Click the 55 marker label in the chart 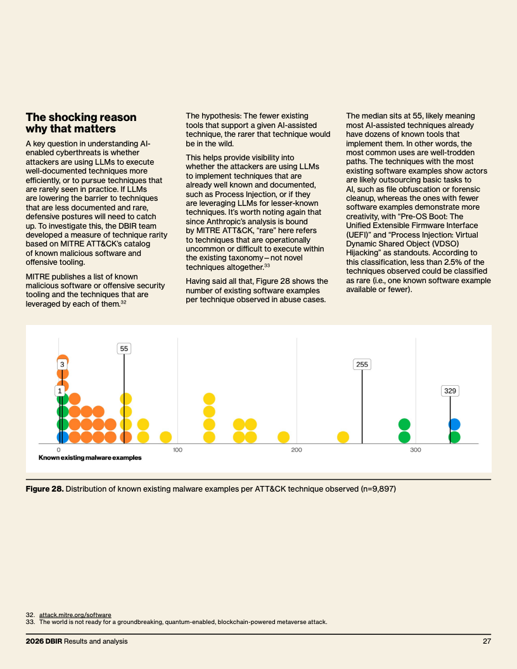[x=124, y=348]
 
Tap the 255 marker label [x=362, y=364]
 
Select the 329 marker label [x=450, y=391]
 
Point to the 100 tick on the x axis [x=178, y=450]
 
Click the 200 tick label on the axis [x=297, y=450]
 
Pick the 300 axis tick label [x=416, y=450]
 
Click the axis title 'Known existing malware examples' [x=90, y=458]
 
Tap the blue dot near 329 [x=454, y=424]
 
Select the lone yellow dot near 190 [x=284, y=437]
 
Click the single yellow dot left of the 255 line [x=343, y=437]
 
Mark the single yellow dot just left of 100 [x=166, y=437]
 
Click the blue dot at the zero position [x=63, y=437]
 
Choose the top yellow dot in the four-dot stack [x=209, y=399]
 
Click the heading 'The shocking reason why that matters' [x=81, y=123]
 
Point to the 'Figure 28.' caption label [x=45, y=489]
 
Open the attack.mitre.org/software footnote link [x=75, y=615]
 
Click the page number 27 [x=487, y=641]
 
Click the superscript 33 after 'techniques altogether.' [x=267, y=266]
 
